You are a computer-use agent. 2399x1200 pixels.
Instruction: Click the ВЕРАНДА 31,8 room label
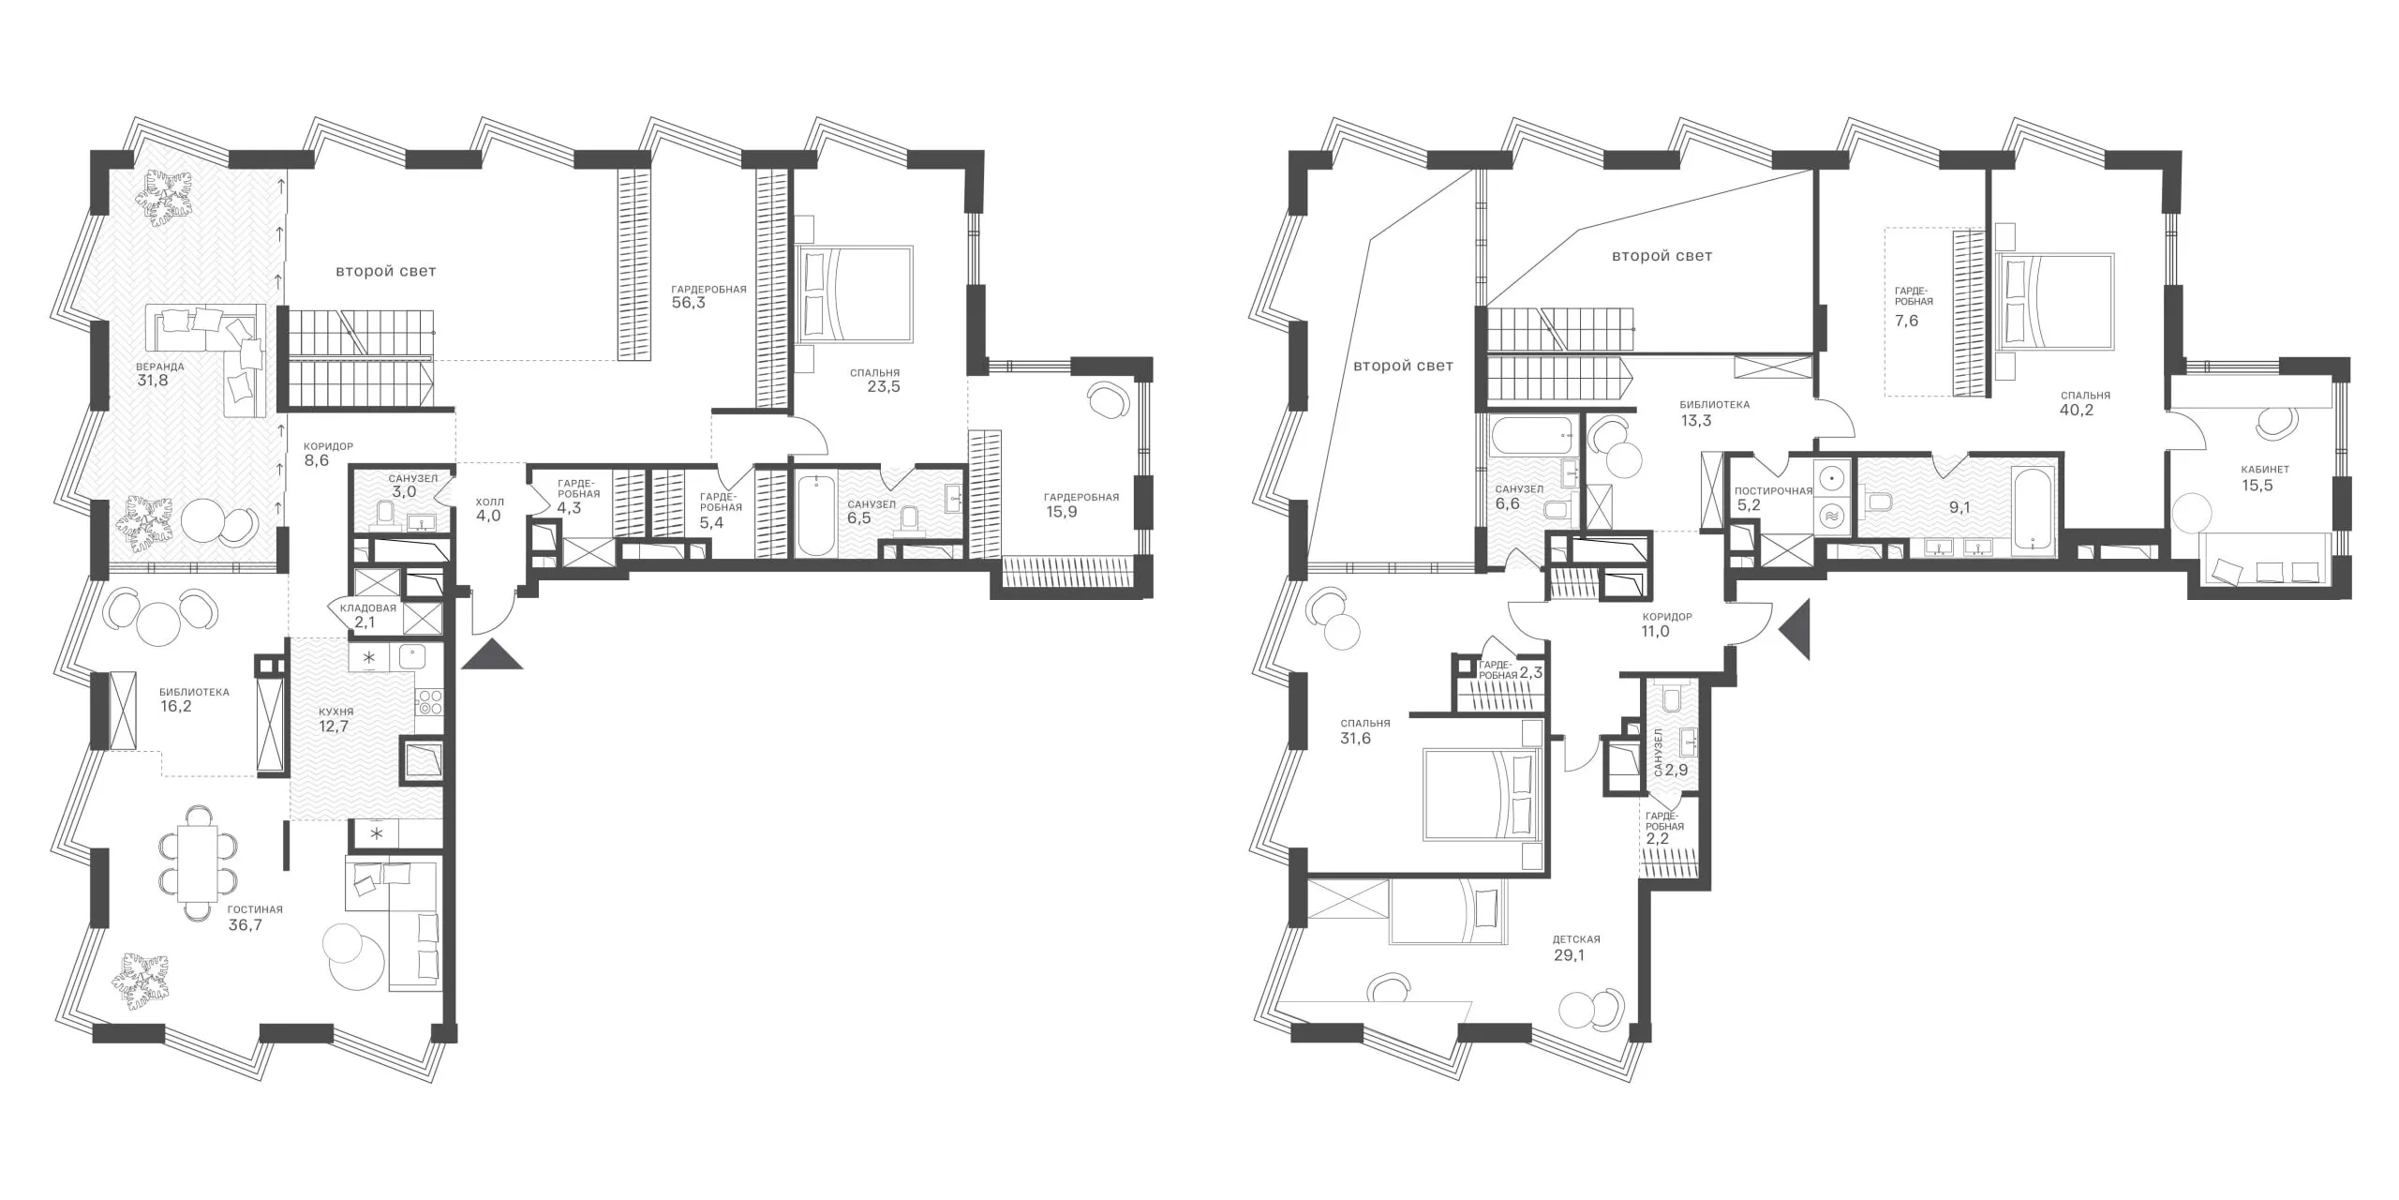(x=158, y=374)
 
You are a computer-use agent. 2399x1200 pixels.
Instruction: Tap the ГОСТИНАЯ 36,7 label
(x=255, y=918)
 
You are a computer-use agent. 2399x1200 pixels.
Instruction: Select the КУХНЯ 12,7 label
(x=334, y=719)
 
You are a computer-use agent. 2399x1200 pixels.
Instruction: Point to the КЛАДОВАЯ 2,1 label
(x=368, y=615)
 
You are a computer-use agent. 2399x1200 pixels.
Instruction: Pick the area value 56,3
(x=688, y=304)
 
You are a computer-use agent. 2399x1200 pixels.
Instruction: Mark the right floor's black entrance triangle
(x=1796, y=630)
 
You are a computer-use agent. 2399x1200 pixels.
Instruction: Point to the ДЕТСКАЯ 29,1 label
(x=1576, y=948)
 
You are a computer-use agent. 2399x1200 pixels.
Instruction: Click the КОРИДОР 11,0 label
(x=1667, y=624)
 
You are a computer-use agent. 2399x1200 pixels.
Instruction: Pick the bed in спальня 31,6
(x=1482, y=793)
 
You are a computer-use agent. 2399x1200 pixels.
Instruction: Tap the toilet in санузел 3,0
(x=385, y=513)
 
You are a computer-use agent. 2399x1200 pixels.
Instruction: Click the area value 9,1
(x=1959, y=507)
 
